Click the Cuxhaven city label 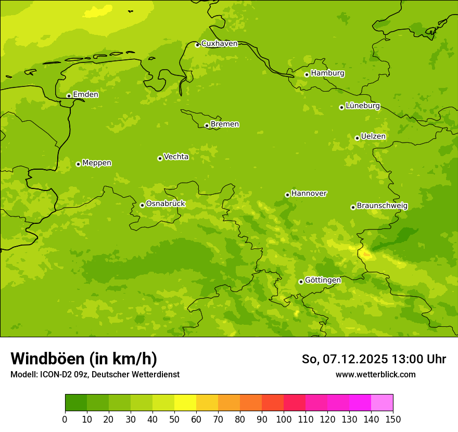(x=219, y=44)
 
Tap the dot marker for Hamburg (x=307, y=74)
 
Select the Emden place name (x=85, y=95)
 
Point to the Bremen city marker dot (x=207, y=125)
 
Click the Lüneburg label (x=363, y=106)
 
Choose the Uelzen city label (x=373, y=137)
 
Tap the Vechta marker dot (x=160, y=158)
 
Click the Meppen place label (x=97, y=163)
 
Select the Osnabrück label (x=166, y=204)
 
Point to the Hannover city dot (x=287, y=195)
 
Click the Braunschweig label (x=382, y=206)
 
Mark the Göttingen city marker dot (x=301, y=282)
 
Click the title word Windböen (x=47, y=359)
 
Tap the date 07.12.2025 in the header (x=355, y=359)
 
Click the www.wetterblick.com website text (x=375, y=374)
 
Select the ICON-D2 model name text (x=55, y=374)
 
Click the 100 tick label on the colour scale (x=284, y=419)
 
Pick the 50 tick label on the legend (x=174, y=419)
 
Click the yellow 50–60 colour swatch (x=185, y=403)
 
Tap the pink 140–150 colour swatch (x=382, y=403)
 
